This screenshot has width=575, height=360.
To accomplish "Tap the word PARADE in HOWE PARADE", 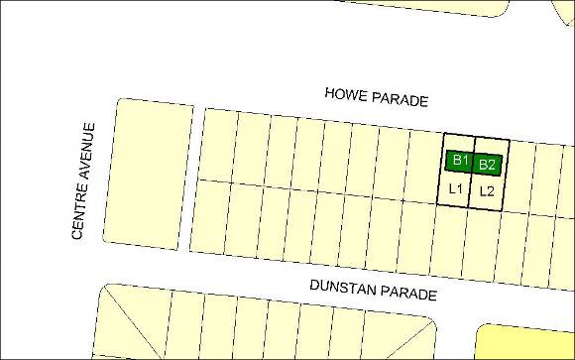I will [401, 100].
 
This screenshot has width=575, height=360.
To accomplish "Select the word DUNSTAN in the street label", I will [339, 287].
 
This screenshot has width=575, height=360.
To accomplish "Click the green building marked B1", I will [459, 160].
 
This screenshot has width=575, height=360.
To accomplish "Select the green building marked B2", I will [487, 165].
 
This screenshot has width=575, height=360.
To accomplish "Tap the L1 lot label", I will [456, 187].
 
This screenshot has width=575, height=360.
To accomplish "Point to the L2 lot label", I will [487, 191].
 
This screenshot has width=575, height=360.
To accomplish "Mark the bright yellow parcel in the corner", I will [525, 342].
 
